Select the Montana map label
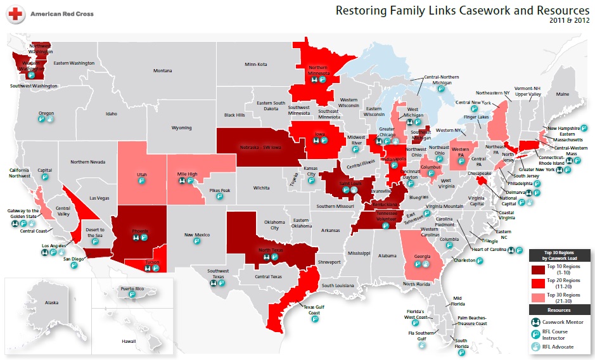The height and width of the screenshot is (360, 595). pyautogui.click(x=162, y=71)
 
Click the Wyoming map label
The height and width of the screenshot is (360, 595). pyautogui.click(x=181, y=127)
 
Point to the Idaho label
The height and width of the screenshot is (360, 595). pyautogui.click(x=112, y=114)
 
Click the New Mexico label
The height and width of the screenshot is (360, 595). pyautogui.click(x=196, y=235)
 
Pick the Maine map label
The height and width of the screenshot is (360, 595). pyautogui.click(x=562, y=94)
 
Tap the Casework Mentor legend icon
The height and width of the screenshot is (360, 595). pyautogui.click(x=536, y=321)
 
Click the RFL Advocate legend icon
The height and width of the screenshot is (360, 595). pyautogui.click(x=536, y=346)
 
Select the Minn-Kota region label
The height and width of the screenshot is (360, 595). pyautogui.click(x=256, y=65)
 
